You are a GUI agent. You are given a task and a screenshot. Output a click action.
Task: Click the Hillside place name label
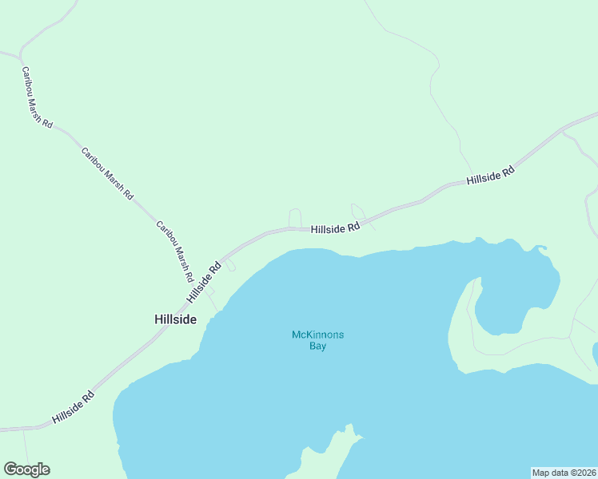pyautogui.click(x=175, y=319)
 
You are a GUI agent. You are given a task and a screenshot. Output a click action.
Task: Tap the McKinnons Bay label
pyautogui.click(x=317, y=340)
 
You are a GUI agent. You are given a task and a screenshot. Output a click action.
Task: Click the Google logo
pyautogui.click(x=26, y=469)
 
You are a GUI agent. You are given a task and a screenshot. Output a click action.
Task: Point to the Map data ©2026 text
pyautogui.click(x=564, y=472)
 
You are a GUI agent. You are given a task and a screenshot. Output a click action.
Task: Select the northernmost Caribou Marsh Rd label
pyautogui.click(x=37, y=97)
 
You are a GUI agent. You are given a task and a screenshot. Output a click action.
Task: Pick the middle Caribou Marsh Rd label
pyautogui.click(x=107, y=173)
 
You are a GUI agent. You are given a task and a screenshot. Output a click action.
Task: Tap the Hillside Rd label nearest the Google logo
pyautogui.click(x=73, y=407)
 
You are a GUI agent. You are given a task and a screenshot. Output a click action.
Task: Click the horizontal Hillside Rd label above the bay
pyautogui.click(x=336, y=228)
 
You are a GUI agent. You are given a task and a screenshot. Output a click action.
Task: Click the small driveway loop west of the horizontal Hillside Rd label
pyautogui.click(x=294, y=217)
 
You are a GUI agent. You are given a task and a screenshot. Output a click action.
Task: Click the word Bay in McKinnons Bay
pyautogui.click(x=317, y=346)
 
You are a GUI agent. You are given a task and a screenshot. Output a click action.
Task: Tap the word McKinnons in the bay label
pyautogui.click(x=317, y=335)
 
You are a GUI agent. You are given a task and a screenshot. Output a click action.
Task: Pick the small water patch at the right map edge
pyautogui.click(x=595, y=354)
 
